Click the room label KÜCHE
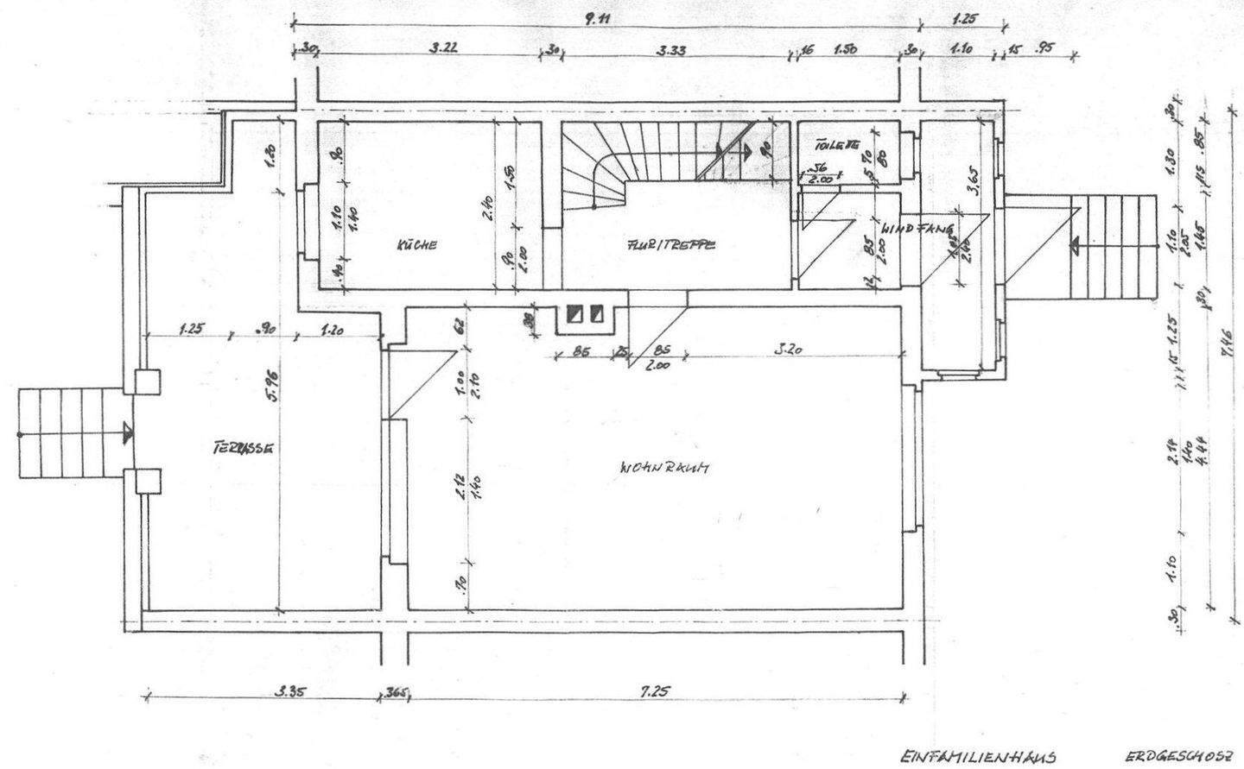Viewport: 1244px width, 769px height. pyautogui.click(x=416, y=245)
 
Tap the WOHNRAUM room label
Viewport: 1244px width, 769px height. pyautogui.click(x=664, y=469)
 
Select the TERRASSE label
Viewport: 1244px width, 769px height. pyautogui.click(x=243, y=449)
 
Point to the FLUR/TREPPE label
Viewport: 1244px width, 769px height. pyautogui.click(x=671, y=245)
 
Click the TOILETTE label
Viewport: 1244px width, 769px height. pyautogui.click(x=835, y=147)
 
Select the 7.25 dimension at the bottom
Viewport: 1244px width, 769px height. pyautogui.click(x=653, y=690)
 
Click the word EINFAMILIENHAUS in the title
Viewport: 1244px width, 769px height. pyautogui.click(x=977, y=757)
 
